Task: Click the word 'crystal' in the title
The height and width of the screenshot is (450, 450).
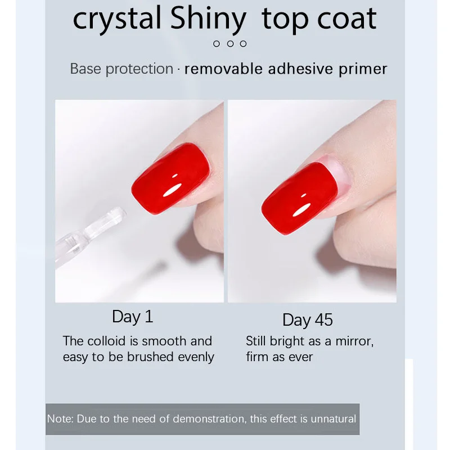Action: pyautogui.click(x=117, y=19)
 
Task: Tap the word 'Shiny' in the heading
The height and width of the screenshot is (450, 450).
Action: pyautogui.click(x=208, y=19)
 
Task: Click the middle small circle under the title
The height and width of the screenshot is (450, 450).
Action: pyautogui.click(x=230, y=44)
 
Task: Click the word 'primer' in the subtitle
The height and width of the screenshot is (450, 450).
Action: pyautogui.click(x=363, y=69)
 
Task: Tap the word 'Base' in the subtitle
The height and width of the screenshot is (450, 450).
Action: pyautogui.click(x=85, y=69)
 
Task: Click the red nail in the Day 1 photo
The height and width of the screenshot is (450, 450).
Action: pyautogui.click(x=171, y=178)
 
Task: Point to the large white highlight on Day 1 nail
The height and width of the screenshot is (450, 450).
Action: pyautogui.click(x=173, y=190)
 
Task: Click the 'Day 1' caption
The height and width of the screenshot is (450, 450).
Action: pyautogui.click(x=133, y=317)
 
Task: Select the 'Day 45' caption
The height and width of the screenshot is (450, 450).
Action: pyautogui.click(x=308, y=319)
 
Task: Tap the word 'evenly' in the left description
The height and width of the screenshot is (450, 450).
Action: pyautogui.click(x=196, y=357)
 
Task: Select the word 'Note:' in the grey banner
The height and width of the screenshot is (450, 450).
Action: pyautogui.click(x=60, y=418)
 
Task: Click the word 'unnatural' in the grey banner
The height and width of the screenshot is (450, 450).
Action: pyautogui.click(x=333, y=418)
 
